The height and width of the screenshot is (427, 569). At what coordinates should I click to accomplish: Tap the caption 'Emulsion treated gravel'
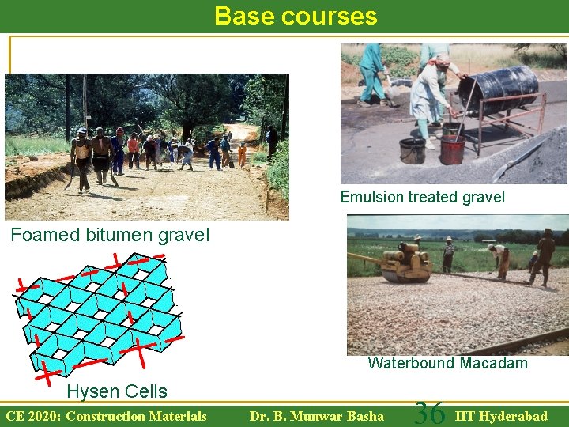click(x=422, y=197)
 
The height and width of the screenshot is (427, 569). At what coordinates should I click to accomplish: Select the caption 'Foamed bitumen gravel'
click(x=110, y=235)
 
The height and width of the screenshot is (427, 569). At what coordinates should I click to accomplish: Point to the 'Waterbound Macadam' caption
click(x=447, y=363)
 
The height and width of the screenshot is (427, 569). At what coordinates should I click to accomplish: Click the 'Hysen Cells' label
click(x=117, y=391)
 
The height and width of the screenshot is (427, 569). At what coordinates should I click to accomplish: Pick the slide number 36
click(x=430, y=414)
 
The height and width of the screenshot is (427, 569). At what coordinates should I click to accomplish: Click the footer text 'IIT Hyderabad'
click(x=501, y=416)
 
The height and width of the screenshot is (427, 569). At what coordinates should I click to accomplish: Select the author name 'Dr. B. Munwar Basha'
click(x=316, y=416)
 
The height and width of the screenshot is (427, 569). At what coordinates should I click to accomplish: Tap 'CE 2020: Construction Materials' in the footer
click(x=106, y=416)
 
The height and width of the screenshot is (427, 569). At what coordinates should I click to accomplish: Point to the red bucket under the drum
click(x=452, y=149)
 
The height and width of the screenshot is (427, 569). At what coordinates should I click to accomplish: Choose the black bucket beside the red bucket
click(x=412, y=149)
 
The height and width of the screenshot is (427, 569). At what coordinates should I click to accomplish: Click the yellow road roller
click(x=405, y=264)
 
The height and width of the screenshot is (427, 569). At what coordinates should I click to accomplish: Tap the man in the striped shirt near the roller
click(x=448, y=255)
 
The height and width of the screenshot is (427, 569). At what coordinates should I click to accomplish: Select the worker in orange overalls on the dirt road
click(x=242, y=153)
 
